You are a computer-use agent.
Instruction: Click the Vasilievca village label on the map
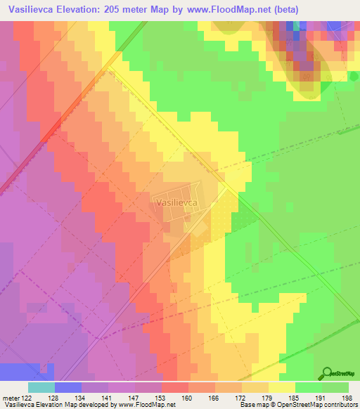click(x=175, y=201)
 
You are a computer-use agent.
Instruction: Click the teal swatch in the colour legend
click(x=41, y=387)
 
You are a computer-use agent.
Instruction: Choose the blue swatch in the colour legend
click(x=67, y=387)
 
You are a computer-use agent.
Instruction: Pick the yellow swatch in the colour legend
click(x=281, y=387)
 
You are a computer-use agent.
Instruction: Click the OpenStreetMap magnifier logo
click(x=326, y=374)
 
